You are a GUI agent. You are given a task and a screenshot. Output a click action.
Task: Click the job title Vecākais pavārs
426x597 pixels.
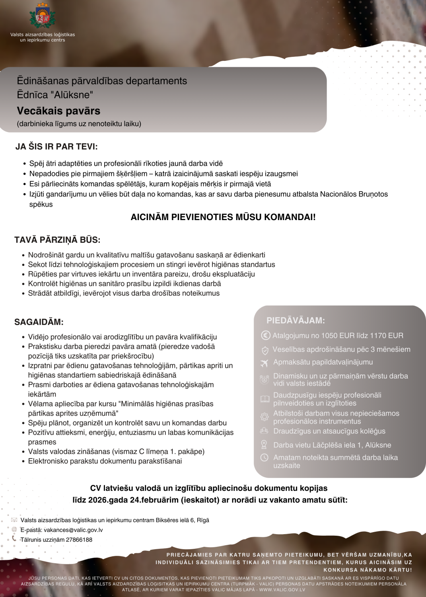[x=58, y=111]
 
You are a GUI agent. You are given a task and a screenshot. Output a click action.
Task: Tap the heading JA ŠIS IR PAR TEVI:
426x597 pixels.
[x=56, y=146]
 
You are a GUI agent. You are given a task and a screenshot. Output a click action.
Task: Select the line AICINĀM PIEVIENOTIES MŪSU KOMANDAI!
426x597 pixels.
[x=223, y=217]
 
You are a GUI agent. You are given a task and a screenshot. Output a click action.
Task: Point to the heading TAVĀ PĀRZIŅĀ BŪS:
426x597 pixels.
[x=57, y=240]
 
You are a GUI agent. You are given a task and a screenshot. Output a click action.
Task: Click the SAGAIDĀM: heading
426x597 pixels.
[x=39, y=322]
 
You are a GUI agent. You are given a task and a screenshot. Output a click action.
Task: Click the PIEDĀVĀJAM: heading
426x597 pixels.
[x=296, y=320]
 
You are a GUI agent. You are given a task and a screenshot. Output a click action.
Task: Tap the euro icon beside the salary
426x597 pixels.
[x=265, y=336]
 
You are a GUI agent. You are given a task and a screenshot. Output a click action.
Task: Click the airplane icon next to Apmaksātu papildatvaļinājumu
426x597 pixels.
[x=265, y=363]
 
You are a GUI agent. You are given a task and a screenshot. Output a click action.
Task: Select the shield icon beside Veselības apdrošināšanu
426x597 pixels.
[x=265, y=350]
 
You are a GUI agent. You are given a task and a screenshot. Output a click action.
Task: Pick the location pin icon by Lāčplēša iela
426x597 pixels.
[x=264, y=445]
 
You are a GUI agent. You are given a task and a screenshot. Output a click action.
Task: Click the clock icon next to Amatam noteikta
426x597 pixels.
[x=264, y=458]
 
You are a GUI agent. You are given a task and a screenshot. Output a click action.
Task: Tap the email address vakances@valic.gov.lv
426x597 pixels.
[x=73, y=530]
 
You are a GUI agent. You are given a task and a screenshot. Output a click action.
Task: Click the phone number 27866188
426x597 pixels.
[x=79, y=540]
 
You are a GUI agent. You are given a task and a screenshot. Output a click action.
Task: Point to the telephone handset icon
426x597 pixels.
[x=14, y=539]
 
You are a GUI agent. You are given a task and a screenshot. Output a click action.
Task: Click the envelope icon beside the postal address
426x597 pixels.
[x=14, y=520]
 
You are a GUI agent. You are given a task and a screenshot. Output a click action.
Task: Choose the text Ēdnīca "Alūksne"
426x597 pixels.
[x=55, y=95]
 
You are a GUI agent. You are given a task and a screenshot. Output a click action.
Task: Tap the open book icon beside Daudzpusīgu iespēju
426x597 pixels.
[x=265, y=399]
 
